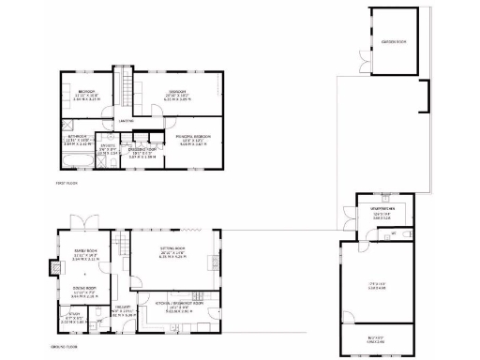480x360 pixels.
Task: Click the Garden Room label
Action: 394,42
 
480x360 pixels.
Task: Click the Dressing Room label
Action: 142,152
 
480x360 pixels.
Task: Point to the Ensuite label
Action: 108,147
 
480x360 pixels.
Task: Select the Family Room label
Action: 85,251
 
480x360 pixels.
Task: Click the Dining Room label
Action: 85,292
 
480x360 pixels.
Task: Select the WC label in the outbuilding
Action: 395,232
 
